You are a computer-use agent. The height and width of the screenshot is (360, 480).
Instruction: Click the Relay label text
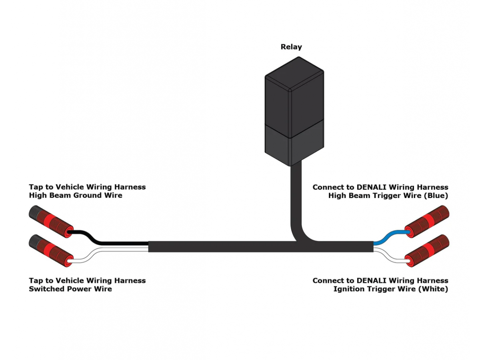point(291,47)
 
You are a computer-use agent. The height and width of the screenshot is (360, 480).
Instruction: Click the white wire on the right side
point(390,256)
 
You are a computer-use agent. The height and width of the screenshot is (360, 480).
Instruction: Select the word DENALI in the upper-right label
point(373,187)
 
